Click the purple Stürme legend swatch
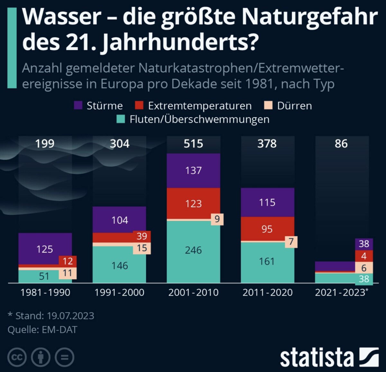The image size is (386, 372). pyautogui.click(x=78, y=106)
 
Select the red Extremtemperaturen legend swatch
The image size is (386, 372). pyautogui.click(x=139, y=106)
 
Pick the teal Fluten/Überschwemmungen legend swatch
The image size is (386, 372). pyautogui.click(x=121, y=119)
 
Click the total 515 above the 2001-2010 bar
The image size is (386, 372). pyautogui.click(x=193, y=144)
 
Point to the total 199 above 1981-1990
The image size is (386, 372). pyautogui.click(x=45, y=144)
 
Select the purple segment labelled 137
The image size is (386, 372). pyautogui.click(x=193, y=171)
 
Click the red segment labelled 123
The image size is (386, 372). pyautogui.click(x=193, y=203)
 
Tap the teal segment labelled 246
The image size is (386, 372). pyautogui.click(x=193, y=250)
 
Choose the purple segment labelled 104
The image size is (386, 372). pyautogui.click(x=120, y=220)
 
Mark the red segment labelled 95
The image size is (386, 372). pyautogui.click(x=267, y=229)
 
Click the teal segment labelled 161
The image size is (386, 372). pyautogui.click(x=267, y=261)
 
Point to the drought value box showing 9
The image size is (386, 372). pyautogui.click(x=217, y=219)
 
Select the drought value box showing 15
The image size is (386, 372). pyautogui.click(x=142, y=248)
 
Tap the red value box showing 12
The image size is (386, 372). pyautogui.click(x=68, y=261)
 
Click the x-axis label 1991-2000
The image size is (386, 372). pyautogui.click(x=119, y=293)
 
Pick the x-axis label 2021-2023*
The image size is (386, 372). pyautogui.click(x=341, y=293)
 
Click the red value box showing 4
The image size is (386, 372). pyautogui.click(x=364, y=256)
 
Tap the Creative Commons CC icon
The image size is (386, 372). pyautogui.click(x=17, y=357)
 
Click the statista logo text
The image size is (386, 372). pyautogui.click(x=317, y=358)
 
